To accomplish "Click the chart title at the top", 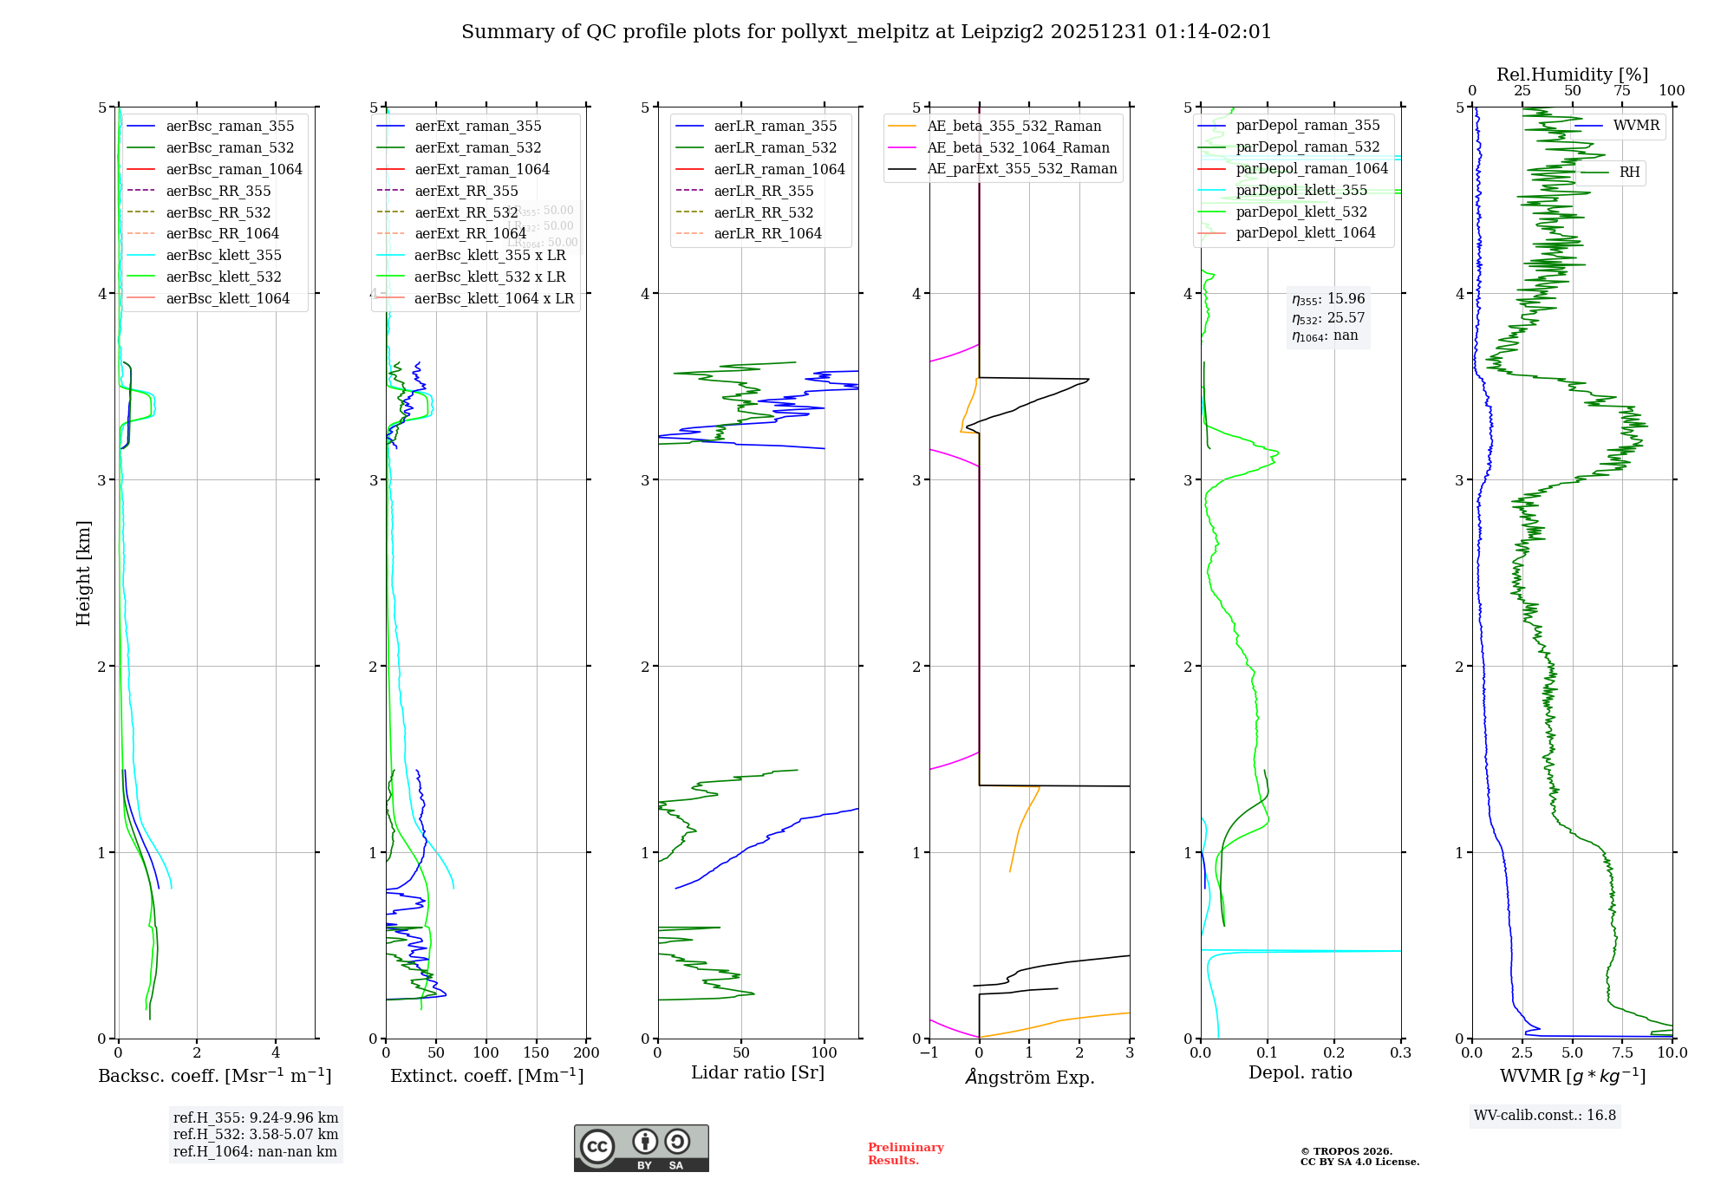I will coord(866,32).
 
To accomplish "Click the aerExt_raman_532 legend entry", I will coord(478,147).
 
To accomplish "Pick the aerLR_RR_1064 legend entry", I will coord(767,233).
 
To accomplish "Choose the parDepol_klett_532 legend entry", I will coord(1300,212).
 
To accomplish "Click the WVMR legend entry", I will coord(1636,126).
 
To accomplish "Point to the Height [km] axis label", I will coord(83,573).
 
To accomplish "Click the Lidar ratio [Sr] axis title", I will coord(757,1072).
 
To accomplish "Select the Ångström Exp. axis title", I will coord(1029,1077).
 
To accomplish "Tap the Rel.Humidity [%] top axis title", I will coord(1572,75).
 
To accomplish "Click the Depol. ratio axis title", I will coord(1300,1072).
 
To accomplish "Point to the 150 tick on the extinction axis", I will coord(536,1052).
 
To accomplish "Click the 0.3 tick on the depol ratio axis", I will coord(1400,1052).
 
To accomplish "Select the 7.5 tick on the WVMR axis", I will coord(1622,1052).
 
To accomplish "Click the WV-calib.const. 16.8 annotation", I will coord(1545,1115).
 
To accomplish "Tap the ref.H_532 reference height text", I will coord(256,1134).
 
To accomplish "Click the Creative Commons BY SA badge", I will coord(641,1148).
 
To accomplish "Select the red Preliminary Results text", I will coord(905,1153).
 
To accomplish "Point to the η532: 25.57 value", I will coord(1328,317).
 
